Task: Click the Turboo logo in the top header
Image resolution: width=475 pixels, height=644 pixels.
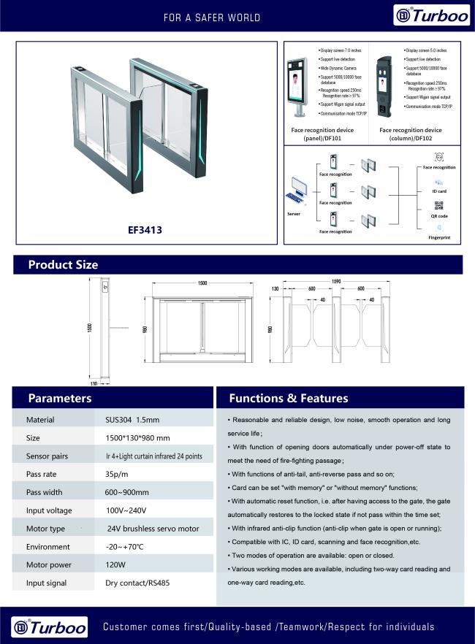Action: tap(431, 15)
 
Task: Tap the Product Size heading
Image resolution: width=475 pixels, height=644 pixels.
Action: tap(63, 264)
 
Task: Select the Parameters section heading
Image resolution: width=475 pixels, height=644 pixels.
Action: tap(59, 398)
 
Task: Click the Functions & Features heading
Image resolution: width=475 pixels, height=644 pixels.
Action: tap(289, 398)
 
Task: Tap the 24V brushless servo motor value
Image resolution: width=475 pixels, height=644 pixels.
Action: tap(153, 529)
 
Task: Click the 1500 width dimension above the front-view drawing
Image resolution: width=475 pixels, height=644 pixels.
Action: tap(202, 283)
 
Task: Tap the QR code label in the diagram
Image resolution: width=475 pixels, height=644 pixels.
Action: tap(439, 216)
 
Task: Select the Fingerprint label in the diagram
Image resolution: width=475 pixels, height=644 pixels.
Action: tap(439, 238)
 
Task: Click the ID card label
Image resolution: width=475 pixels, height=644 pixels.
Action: tap(439, 191)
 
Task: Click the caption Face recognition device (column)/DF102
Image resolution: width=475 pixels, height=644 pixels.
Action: tap(410, 134)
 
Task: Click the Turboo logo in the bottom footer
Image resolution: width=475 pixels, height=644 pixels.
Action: tap(50, 626)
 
